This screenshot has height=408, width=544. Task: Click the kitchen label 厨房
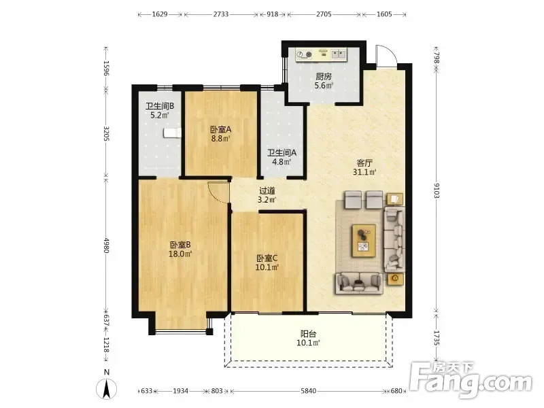[x=324, y=76]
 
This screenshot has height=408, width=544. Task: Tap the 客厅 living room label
[x=364, y=163]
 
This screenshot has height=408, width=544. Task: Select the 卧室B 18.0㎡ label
[x=180, y=250]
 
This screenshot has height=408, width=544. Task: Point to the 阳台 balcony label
[x=308, y=334]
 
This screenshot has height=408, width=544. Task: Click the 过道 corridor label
[x=267, y=190]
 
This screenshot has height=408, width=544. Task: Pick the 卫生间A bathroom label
[x=282, y=152]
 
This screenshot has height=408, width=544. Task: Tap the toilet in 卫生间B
[x=173, y=133]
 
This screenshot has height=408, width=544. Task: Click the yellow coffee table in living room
[x=364, y=241]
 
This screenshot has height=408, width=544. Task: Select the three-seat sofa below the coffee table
[x=359, y=284]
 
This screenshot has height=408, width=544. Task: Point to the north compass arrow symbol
[x=107, y=388]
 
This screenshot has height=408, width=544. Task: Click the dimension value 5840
[x=309, y=391]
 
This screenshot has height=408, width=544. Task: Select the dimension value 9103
[x=437, y=190]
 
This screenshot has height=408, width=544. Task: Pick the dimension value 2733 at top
[x=220, y=14]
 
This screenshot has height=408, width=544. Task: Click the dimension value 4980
[x=107, y=245]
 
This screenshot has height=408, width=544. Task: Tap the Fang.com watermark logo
[x=471, y=381]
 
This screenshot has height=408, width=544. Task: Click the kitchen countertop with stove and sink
[x=321, y=55]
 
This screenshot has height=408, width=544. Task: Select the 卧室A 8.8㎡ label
[x=220, y=134]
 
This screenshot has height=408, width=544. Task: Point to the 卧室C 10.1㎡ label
[x=267, y=262]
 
